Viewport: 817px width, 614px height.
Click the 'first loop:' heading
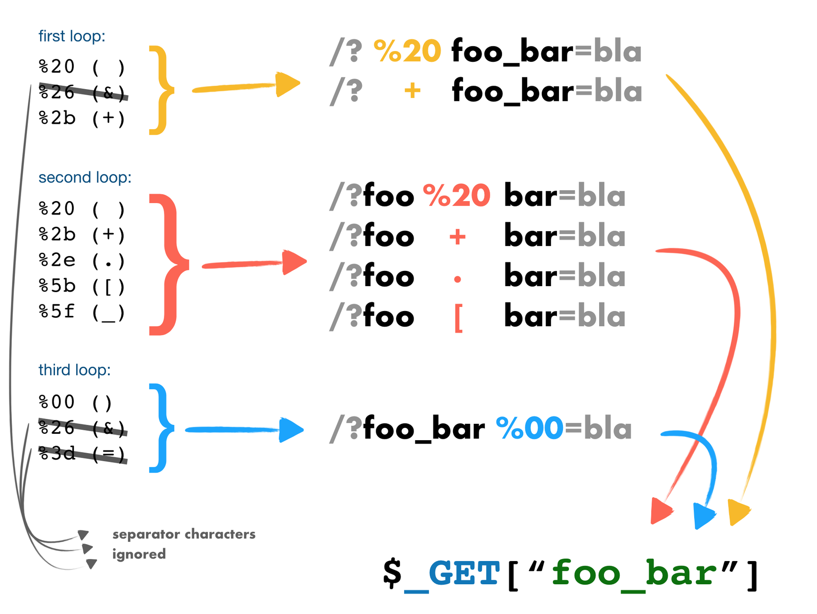pos(72,36)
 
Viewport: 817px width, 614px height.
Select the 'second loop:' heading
pos(85,177)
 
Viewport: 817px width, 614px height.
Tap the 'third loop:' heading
pos(74,369)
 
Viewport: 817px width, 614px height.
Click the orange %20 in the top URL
pos(407,51)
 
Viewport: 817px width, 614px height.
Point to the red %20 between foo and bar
pos(457,195)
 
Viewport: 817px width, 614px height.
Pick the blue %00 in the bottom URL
pos(530,428)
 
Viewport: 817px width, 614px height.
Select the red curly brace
pos(169,264)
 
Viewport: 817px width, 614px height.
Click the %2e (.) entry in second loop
pos(82,260)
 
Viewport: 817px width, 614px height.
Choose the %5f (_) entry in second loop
pos(82,312)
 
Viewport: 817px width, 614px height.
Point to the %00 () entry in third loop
pos(75,402)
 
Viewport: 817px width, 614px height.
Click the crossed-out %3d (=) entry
pos(83,454)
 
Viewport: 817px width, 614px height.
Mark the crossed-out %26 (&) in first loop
pos(83,92)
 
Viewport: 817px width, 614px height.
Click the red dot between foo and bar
pos(458,279)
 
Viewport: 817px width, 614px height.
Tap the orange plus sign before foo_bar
pos(412,91)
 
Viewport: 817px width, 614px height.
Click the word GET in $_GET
pos(464,573)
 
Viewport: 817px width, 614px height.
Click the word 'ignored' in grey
pos(139,554)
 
